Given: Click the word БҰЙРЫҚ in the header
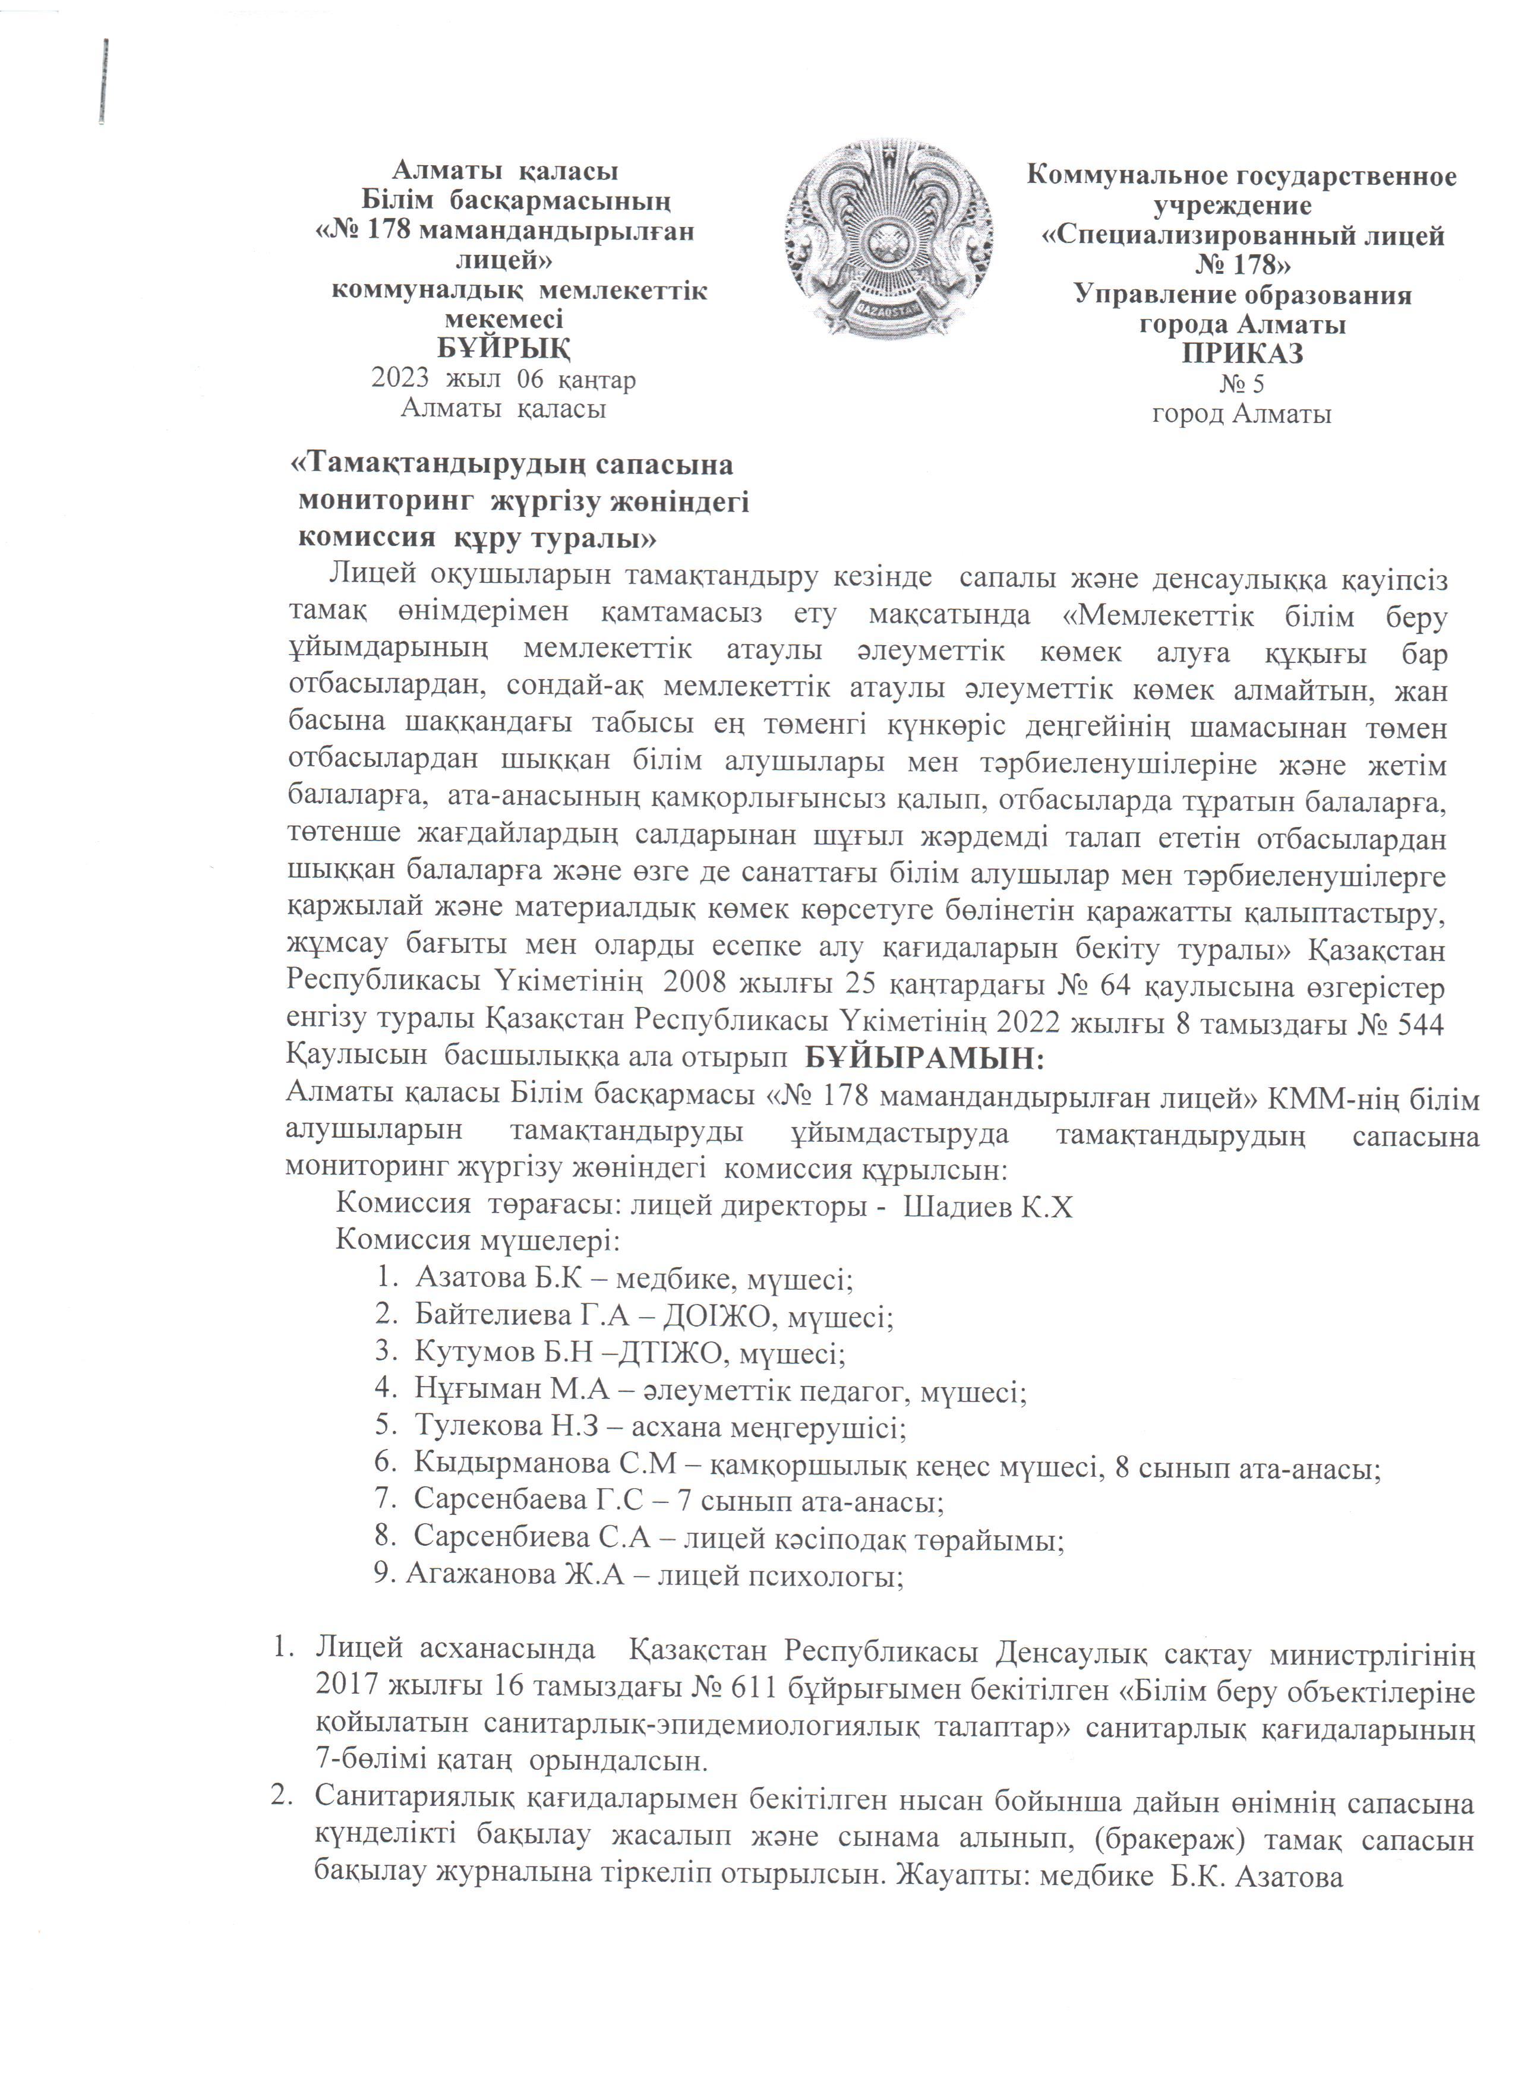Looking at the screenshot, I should (503, 350).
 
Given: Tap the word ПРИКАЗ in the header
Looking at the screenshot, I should (1242, 353).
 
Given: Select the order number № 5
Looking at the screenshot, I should (1242, 383).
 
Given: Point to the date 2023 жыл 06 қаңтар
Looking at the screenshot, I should (503, 378).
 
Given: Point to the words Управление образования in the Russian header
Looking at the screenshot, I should (1242, 296).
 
